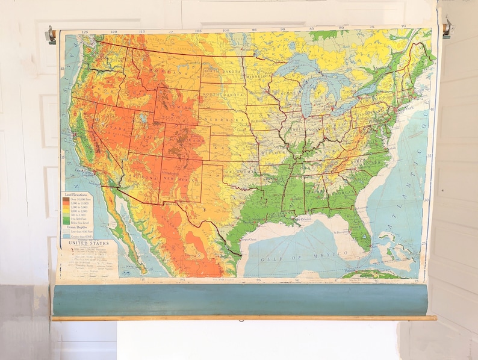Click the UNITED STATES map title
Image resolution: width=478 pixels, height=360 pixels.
click(x=88, y=243)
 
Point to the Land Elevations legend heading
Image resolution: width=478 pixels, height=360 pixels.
click(x=75, y=196)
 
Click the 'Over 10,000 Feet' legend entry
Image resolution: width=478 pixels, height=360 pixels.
click(x=81, y=200)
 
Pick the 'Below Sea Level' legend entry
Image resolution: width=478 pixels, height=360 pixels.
click(x=81, y=222)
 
